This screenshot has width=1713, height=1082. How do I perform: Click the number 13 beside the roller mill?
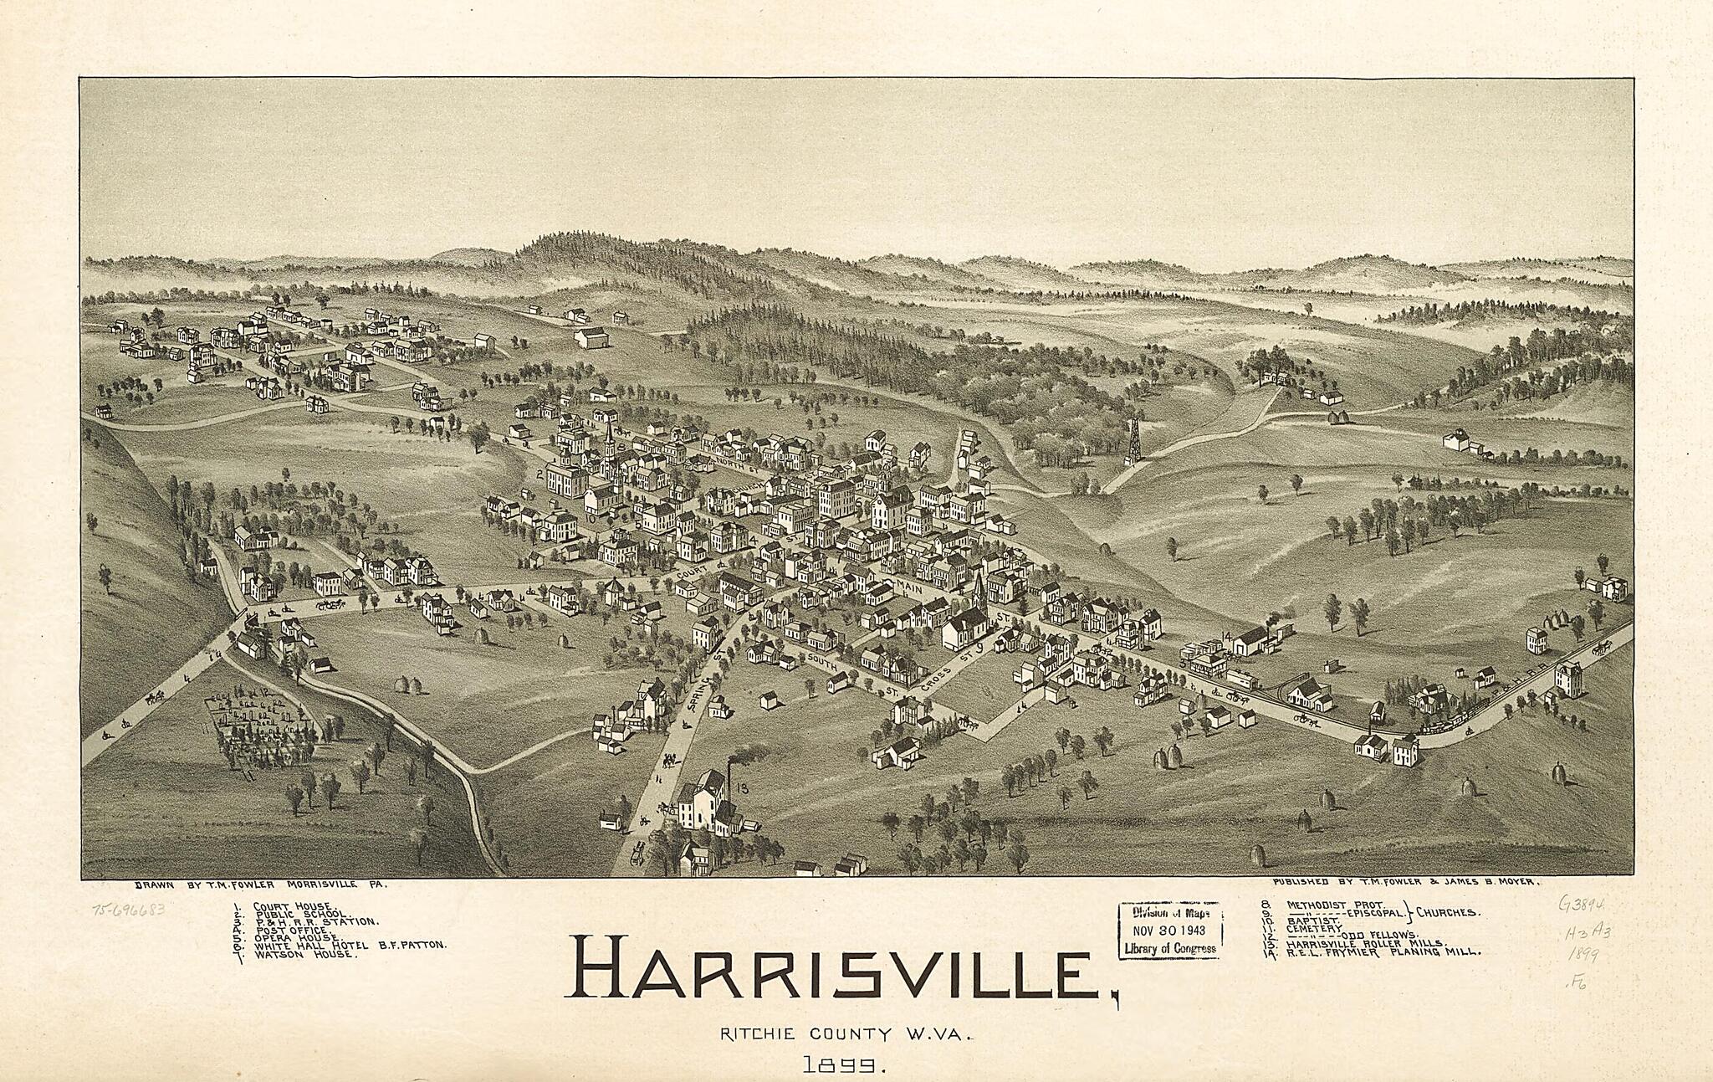pos(742,787)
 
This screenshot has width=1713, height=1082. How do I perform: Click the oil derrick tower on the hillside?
pos(1133,439)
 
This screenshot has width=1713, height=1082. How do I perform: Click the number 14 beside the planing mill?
pos(1226,637)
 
